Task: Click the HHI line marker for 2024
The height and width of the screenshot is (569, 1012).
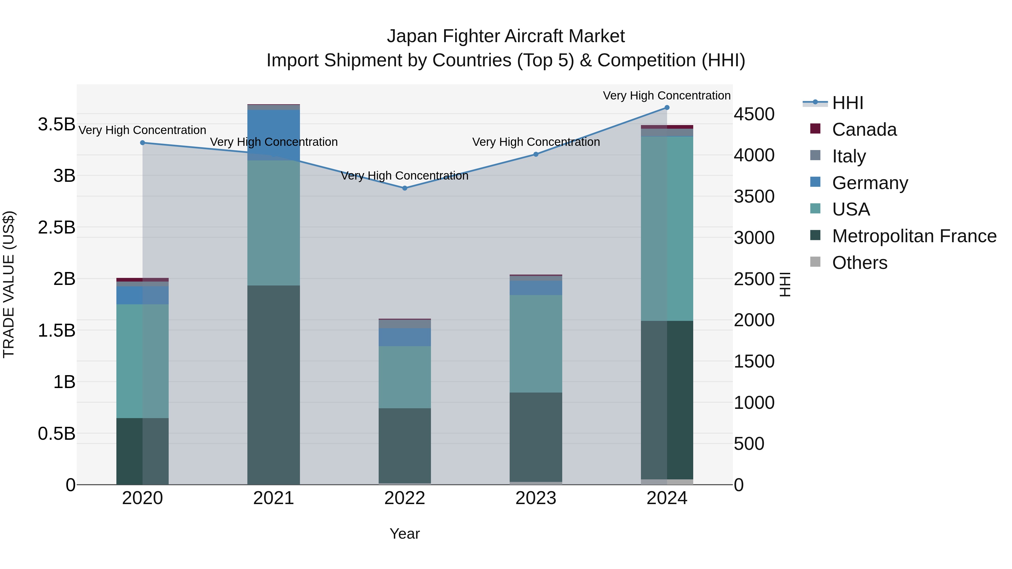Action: (667, 108)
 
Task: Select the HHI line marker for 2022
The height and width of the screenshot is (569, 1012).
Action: (405, 188)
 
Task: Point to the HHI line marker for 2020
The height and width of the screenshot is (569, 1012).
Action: (143, 143)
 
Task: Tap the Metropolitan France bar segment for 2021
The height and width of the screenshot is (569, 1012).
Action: (274, 385)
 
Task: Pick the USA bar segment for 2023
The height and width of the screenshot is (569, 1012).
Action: (536, 344)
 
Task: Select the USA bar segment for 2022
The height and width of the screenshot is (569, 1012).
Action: (405, 377)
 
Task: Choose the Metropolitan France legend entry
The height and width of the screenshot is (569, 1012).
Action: (914, 236)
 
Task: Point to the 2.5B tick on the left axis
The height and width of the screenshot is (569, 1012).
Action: (57, 227)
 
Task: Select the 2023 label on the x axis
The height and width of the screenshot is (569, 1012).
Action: (536, 498)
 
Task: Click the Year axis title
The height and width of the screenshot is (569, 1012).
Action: (405, 534)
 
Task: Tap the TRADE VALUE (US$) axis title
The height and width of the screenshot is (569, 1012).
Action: (9, 284)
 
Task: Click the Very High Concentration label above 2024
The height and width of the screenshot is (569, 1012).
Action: (667, 96)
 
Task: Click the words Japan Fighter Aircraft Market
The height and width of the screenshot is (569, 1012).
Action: (506, 36)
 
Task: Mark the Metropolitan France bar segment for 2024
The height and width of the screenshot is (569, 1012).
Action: (667, 400)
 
